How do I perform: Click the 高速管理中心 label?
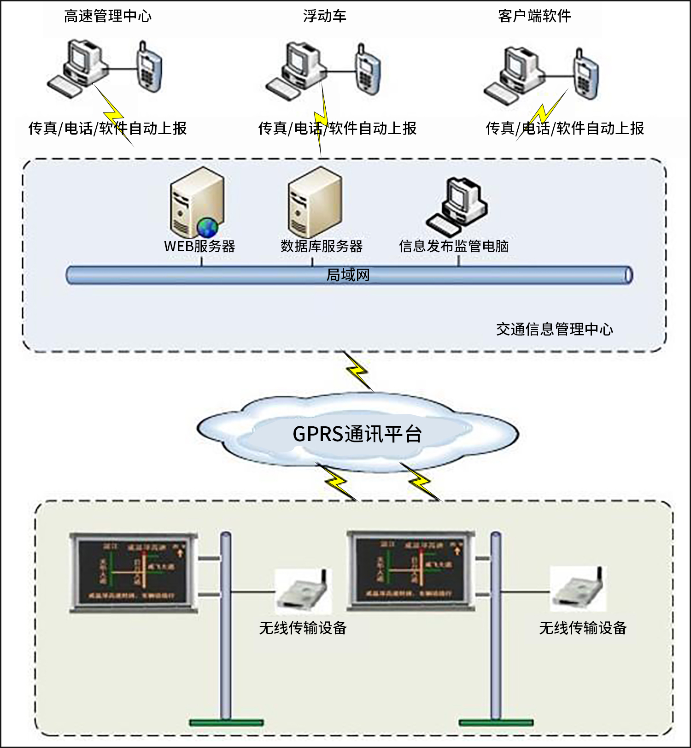click(107, 17)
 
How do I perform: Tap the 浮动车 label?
click(324, 17)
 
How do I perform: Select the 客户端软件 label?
click(534, 17)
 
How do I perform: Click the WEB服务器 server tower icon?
click(196, 203)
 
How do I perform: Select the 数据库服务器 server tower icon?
click(315, 203)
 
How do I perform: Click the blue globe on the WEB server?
click(207, 227)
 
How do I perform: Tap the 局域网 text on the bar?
click(348, 275)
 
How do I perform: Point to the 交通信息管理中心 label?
click(554, 329)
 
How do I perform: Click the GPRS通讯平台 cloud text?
click(357, 434)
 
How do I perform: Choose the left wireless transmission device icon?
click(302, 590)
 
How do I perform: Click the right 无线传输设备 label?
click(582, 628)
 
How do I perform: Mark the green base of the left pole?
click(226, 722)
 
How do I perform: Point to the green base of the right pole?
click(496, 722)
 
